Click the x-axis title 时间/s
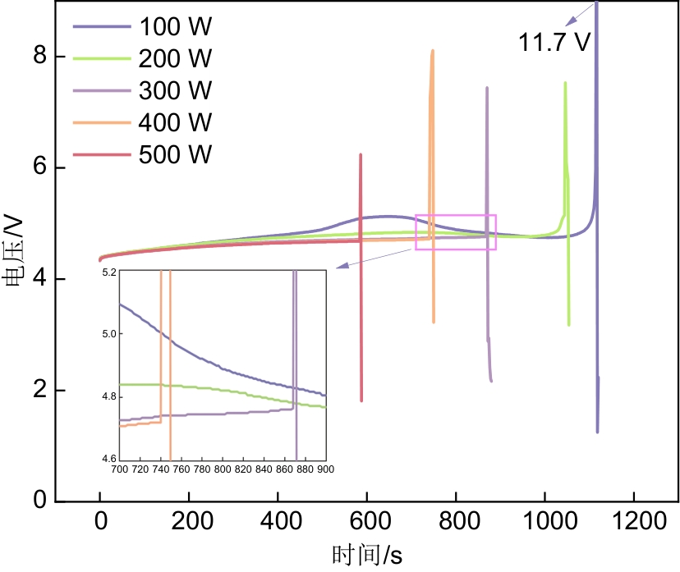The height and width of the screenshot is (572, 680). (x=367, y=555)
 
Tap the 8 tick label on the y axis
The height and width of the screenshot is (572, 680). (x=39, y=57)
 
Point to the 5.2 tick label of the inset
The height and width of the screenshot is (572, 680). (x=108, y=271)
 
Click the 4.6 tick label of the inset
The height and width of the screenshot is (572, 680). (x=108, y=459)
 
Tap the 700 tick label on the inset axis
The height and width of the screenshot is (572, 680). (x=119, y=469)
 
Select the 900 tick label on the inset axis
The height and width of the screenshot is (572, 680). (x=325, y=469)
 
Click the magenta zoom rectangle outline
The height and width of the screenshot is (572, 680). (x=456, y=215)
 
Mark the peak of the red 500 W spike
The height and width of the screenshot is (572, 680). (x=360, y=154)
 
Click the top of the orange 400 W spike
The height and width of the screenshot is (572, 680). (x=432, y=51)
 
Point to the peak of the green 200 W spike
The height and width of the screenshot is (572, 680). (x=565, y=83)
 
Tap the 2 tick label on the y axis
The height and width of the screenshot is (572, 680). (x=39, y=391)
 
